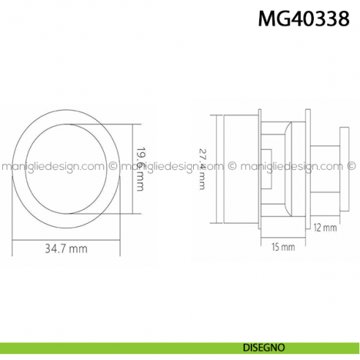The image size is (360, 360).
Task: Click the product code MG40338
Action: pos(309,18)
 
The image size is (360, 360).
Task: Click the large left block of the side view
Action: pos(239,169)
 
